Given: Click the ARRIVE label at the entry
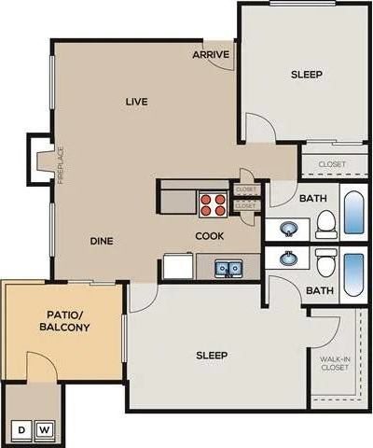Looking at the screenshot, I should (x=211, y=55).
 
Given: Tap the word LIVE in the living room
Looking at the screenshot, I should (x=137, y=101).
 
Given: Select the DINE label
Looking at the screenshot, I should (x=102, y=241).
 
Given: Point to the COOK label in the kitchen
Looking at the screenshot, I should (x=209, y=236).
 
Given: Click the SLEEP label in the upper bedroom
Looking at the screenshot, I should (x=306, y=75).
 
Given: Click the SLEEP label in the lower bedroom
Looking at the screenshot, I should (x=212, y=356).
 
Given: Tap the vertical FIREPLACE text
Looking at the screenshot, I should (x=61, y=165).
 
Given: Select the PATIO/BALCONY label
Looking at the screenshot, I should (x=64, y=321).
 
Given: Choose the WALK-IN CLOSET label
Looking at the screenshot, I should (x=334, y=363).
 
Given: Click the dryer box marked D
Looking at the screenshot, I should (x=20, y=429).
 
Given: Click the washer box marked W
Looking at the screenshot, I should (x=44, y=429).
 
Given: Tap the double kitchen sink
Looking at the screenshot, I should (x=228, y=269).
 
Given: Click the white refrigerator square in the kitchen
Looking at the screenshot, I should (x=177, y=267).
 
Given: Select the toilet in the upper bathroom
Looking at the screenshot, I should (x=325, y=222).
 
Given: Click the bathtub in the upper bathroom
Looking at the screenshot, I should (x=354, y=213).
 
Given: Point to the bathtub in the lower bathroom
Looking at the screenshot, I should (x=354, y=274).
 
